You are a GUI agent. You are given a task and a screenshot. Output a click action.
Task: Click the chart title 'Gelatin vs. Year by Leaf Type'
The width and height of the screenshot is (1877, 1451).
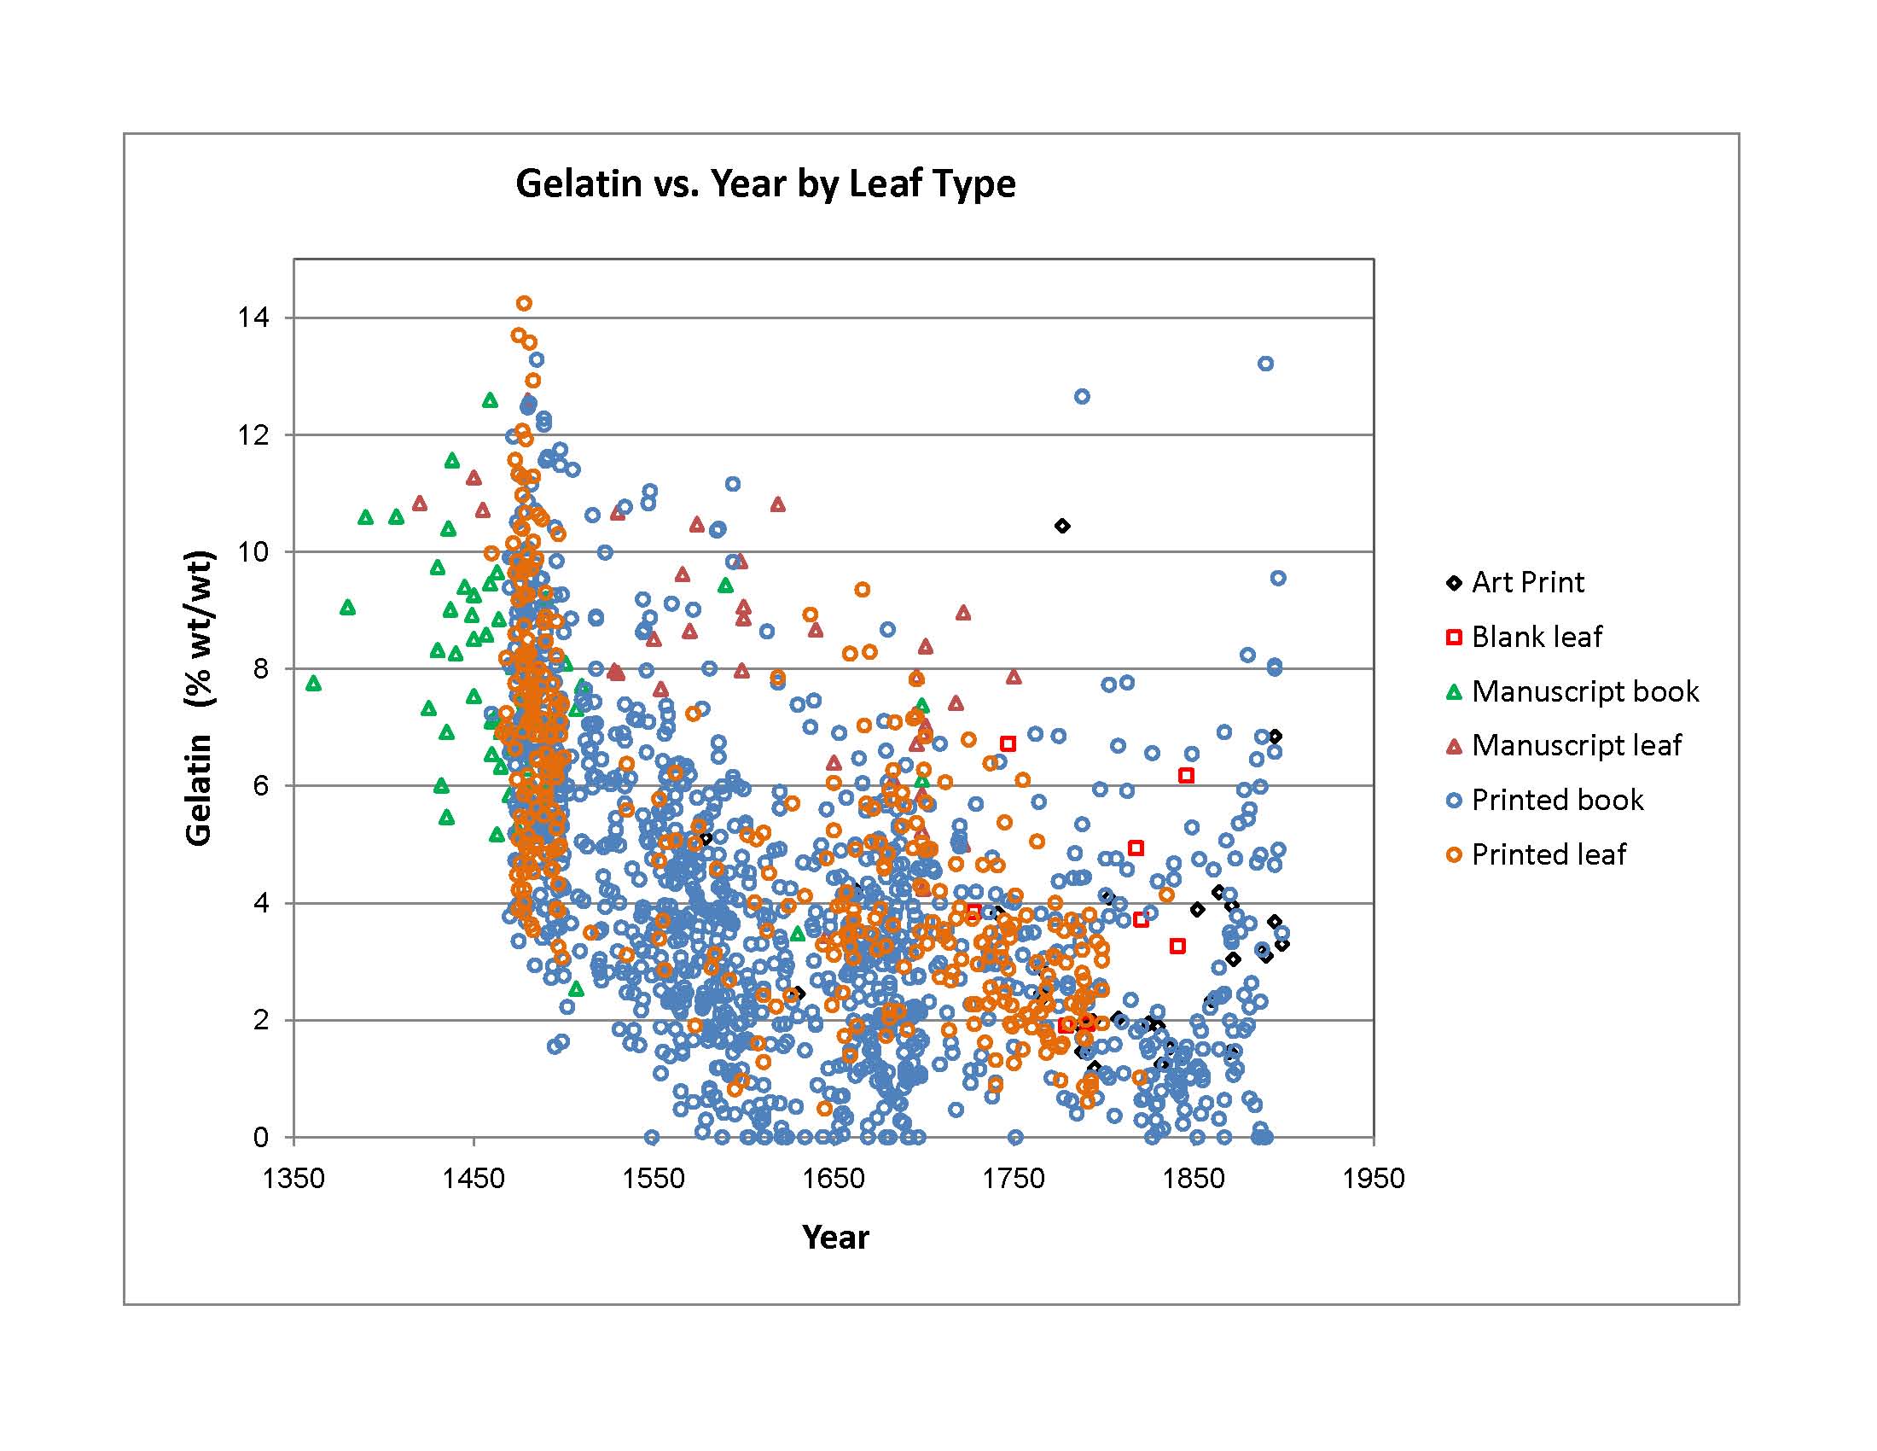pos(765,184)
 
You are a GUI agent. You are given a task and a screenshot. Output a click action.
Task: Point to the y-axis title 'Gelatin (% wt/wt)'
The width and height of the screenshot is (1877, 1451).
pos(200,697)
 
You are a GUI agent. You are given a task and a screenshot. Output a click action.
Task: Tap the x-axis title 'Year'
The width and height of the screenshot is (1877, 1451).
pos(835,1237)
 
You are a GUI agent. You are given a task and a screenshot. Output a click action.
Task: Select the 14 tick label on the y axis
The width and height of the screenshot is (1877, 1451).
pos(253,318)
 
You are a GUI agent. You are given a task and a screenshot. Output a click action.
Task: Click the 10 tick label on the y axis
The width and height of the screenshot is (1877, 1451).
pos(253,552)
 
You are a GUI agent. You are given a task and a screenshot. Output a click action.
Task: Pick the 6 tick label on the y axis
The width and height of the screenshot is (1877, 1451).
pos(260,785)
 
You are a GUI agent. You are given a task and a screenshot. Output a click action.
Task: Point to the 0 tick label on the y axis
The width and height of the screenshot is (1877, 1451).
pos(260,1137)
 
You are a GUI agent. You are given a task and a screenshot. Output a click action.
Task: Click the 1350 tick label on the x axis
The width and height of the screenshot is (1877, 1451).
pos(294,1178)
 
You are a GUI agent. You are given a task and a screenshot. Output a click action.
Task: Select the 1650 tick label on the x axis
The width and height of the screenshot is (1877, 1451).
pos(834,1178)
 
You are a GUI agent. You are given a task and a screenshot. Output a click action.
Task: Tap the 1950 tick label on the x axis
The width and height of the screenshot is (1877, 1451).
pos(1374,1178)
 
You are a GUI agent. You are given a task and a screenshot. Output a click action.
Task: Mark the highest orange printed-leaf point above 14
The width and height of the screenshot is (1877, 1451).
pos(524,304)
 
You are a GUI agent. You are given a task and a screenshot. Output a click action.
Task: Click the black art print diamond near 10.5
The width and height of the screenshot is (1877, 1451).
pos(1062,526)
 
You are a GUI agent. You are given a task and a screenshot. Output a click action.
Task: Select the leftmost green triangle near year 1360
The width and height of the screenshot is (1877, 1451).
pos(314,684)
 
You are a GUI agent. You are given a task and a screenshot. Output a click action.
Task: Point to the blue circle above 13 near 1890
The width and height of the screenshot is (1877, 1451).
pos(1266,364)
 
